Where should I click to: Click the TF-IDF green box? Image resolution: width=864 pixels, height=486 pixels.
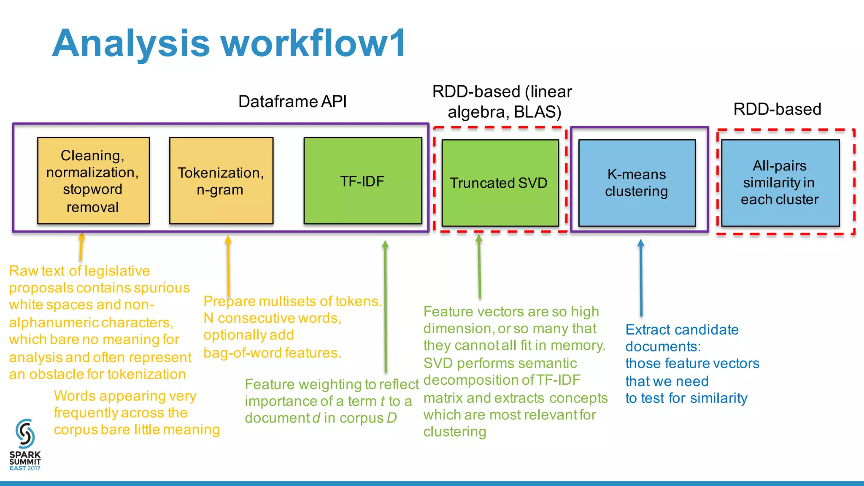[x=363, y=181]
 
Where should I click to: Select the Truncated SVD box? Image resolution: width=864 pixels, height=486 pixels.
[x=500, y=183]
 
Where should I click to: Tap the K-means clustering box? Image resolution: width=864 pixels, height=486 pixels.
[x=637, y=183]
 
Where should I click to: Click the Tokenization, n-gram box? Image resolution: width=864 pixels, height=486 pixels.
[x=221, y=181]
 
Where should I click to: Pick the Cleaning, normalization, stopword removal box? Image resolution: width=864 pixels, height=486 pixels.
[x=93, y=181]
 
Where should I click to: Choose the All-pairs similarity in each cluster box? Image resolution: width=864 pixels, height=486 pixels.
[x=780, y=183]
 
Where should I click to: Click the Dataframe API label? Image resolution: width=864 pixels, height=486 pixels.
[x=292, y=101]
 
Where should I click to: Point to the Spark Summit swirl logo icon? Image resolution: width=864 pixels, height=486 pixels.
[x=25, y=434]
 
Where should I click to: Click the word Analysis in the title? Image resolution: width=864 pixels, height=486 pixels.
[x=131, y=43]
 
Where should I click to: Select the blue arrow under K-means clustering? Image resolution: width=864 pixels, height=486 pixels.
[x=641, y=278]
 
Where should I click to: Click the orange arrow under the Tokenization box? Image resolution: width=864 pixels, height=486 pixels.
[x=228, y=266]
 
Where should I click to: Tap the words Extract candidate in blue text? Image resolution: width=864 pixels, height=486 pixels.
[x=682, y=329]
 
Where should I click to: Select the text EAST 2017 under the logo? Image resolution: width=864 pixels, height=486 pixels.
[x=25, y=468]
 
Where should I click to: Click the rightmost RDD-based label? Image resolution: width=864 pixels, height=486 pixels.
[x=777, y=109]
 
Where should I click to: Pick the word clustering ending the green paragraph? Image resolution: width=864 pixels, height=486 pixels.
[x=455, y=432]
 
